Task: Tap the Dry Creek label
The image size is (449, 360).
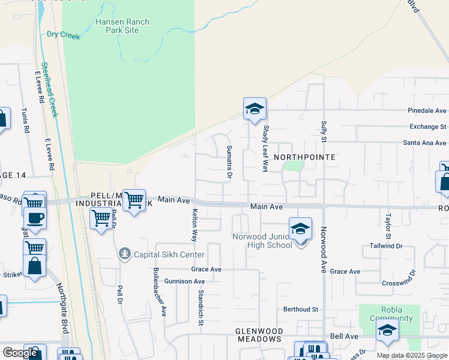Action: tap(63, 35)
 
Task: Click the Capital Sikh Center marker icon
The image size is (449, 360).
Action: tap(124, 254)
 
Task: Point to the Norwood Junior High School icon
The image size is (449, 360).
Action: tap(300, 229)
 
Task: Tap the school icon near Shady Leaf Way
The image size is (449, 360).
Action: tap(255, 110)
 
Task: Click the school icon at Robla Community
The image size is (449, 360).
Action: tap(387, 330)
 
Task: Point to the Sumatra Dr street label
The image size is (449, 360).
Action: tap(229, 162)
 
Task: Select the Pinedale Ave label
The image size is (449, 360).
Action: tap(427, 111)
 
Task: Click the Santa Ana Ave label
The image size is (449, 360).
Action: tap(424, 143)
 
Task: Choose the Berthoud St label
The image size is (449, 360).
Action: tap(300, 309)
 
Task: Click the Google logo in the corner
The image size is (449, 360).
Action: tap(20, 353)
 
